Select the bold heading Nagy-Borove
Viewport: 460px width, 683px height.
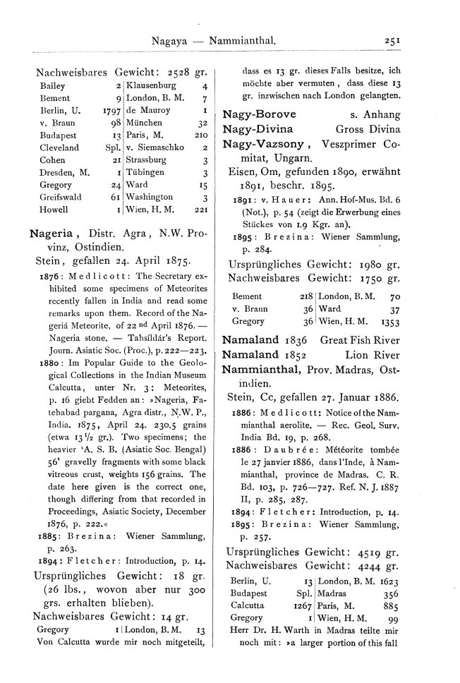255,114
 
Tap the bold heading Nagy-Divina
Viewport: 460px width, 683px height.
255,129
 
